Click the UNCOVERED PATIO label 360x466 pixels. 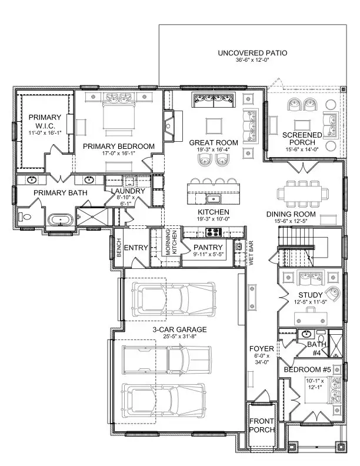point(252,53)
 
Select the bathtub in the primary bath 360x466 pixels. point(61,220)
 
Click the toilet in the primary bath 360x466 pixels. point(25,218)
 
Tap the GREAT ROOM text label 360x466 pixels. point(214,142)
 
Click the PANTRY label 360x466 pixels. point(208,247)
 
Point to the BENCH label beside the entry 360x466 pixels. point(118,248)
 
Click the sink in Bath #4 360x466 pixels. point(306,335)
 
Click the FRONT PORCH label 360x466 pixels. point(262,425)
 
